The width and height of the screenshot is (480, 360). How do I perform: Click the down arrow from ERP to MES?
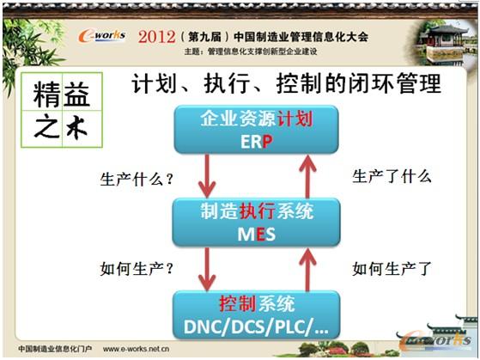coord(207,176)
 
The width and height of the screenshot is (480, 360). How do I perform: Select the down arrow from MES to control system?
coord(207,268)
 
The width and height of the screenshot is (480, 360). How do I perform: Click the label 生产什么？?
coord(137,180)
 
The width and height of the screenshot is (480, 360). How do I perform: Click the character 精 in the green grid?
coord(49,94)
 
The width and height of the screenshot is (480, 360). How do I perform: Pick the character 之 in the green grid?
coord(49,128)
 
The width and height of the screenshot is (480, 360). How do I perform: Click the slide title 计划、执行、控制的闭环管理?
coord(286,84)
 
